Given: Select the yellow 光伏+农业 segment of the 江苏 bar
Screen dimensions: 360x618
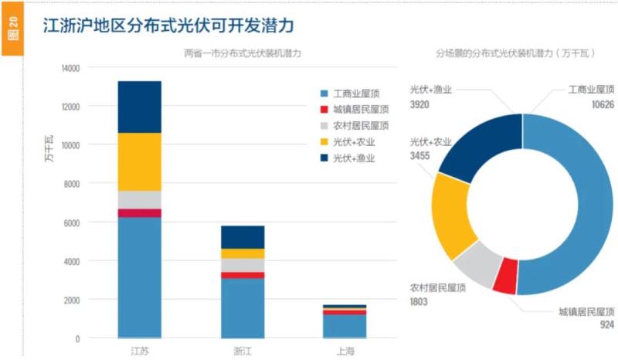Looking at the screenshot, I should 139,161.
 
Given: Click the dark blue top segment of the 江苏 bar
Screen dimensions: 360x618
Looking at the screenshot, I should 139,107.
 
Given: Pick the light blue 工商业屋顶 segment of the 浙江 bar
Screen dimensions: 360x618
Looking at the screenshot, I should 243,307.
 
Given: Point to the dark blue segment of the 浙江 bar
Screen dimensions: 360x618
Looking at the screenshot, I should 243,237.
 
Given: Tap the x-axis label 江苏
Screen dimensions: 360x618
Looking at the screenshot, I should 139,352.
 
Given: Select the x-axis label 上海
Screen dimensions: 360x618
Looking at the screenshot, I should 345,352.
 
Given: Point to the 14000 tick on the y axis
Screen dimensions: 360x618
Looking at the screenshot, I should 70,68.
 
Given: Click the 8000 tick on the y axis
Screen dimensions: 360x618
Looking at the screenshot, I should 72,184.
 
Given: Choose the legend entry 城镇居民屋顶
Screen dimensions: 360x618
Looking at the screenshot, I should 355,109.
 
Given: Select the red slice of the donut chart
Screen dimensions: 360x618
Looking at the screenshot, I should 505,277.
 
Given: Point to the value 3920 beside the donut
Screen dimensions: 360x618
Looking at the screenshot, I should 420,104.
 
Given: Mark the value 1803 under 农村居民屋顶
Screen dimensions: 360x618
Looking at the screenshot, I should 420,301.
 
